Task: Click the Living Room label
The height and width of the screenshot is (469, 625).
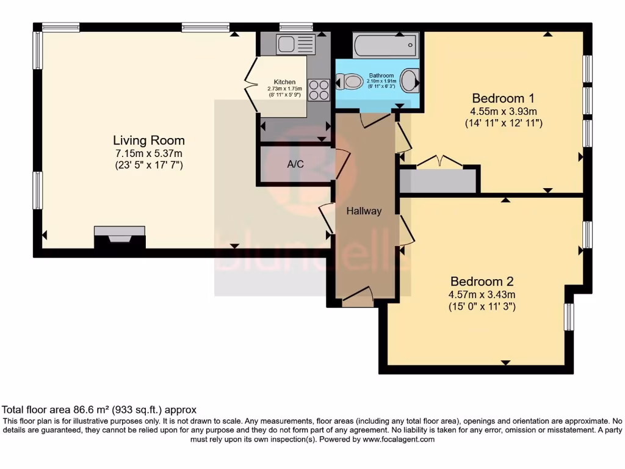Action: (149, 140)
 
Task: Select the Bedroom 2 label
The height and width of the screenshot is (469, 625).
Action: (482, 282)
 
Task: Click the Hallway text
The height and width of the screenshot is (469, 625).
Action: (364, 211)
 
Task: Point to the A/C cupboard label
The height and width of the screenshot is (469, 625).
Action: (295, 164)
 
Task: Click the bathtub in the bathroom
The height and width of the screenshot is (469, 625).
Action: (385, 45)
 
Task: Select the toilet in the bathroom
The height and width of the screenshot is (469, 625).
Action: (349, 81)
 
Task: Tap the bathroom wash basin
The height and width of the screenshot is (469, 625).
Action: (412, 80)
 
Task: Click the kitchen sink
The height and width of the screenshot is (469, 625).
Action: (295, 44)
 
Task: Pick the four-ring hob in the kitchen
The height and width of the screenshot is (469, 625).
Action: (318, 90)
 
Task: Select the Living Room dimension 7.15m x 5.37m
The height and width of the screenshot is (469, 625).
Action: (149, 153)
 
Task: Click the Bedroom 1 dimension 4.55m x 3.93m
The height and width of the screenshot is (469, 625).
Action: (504, 111)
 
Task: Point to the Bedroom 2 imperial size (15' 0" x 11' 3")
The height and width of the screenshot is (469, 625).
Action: (482, 307)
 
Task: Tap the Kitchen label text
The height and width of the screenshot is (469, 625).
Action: (284, 82)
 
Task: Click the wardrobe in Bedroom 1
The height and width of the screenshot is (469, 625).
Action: (438, 181)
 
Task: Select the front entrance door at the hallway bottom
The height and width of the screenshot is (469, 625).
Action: (357, 299)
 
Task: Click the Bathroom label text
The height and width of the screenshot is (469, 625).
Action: (381, 76)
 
